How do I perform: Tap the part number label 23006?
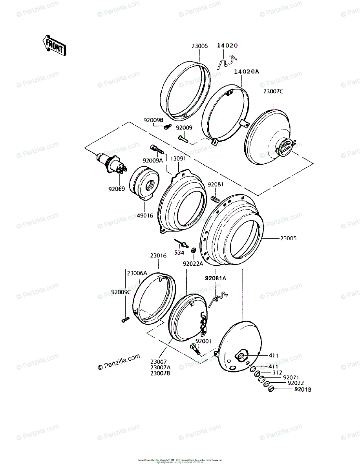point(199,46)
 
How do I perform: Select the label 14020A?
point(247,71)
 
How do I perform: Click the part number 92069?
point(116,189)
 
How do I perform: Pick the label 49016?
point(145,215)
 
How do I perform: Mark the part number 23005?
point(289,238)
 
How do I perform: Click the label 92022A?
point(193,264)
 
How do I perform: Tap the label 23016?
point(158,256)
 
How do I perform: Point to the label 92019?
point(302,389)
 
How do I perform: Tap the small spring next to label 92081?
point(215,199)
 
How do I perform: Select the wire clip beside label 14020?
point(227,61)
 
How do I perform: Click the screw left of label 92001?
point(195,348)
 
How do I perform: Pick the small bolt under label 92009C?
point(125,319)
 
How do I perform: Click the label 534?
point(179,253)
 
